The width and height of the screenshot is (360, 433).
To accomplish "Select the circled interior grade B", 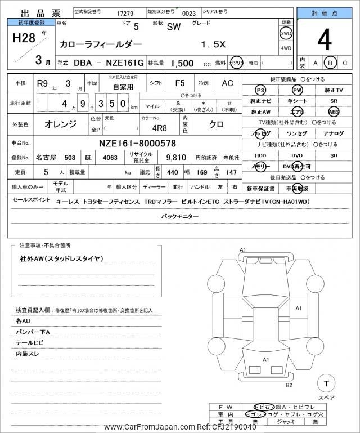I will tap(331, 63).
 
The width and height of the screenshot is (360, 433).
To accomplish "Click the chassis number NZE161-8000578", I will tap(137, 143).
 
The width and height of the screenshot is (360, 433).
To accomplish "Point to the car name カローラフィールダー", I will tap(100, 44).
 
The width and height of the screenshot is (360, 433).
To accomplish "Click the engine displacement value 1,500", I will tap(183, 64).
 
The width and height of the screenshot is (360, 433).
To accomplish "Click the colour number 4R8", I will tap(159, 127).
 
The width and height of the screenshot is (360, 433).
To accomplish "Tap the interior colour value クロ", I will tap(215, 123).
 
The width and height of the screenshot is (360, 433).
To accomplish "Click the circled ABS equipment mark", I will tap(334, 111).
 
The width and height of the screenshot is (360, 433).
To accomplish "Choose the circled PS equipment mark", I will tap(260, 91).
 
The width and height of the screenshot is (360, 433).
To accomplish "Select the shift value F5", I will tap(180, 83).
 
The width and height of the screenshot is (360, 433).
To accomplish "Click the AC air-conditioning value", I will tap(227, 83).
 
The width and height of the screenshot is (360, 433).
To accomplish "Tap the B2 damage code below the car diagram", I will tap(289, 385).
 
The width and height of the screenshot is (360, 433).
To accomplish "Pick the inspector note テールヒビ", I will tap(29, 342).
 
